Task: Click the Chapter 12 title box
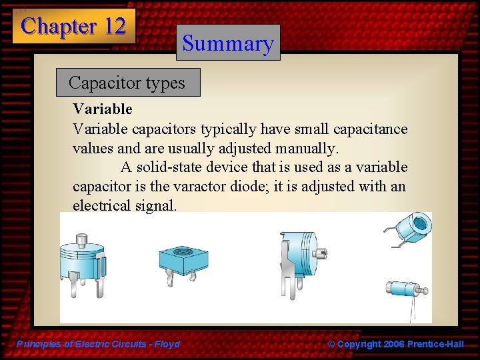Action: coord(73,27)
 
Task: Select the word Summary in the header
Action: coord(228,43)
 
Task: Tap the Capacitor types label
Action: coord(127,83)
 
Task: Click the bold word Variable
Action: coord(103,109)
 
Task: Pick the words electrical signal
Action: coord(125,205)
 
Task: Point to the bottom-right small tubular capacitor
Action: coord(403,291)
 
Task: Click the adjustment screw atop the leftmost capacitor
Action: coord(83,239)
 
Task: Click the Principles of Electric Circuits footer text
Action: coord(98,344)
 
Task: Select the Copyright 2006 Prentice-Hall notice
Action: coord(396,344)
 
